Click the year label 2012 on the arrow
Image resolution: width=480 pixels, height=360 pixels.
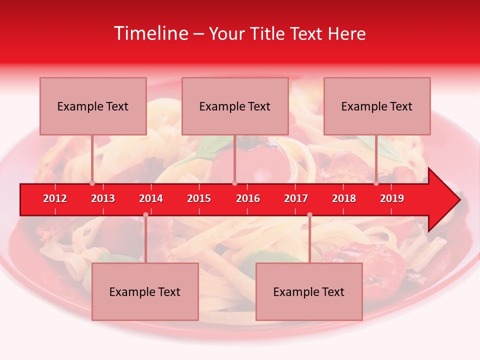[x=55, y=198]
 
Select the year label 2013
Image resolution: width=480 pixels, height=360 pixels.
[x=103, y=198]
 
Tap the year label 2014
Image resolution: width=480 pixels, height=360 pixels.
[x=151, y=198]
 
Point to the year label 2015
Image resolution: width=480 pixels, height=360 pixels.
[x=199, y=198]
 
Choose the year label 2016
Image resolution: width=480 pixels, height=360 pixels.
[x=248, y=198]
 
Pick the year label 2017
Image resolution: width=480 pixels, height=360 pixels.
[x=296, y=198]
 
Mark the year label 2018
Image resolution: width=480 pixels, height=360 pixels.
[x=344, y=198]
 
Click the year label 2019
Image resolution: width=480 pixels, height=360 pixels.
[x=392, y=198]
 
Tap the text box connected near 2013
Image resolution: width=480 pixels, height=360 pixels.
[x=93, y=106]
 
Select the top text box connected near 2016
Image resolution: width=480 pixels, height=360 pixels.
[x=235, y=106]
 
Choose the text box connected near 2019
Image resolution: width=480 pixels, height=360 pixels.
[x=377, y=106]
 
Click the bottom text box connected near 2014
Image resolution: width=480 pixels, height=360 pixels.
[x=145, y=291]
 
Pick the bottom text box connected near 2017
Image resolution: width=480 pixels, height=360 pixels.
[x=309, y=291]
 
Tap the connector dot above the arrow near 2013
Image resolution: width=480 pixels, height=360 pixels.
[x=92, y=183]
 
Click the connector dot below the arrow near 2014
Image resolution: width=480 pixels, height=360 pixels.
[x=145, y=215]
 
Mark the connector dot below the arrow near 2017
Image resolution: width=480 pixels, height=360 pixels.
[x=309, y=215]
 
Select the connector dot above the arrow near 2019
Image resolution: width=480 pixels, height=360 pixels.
[x=376, y=183]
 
